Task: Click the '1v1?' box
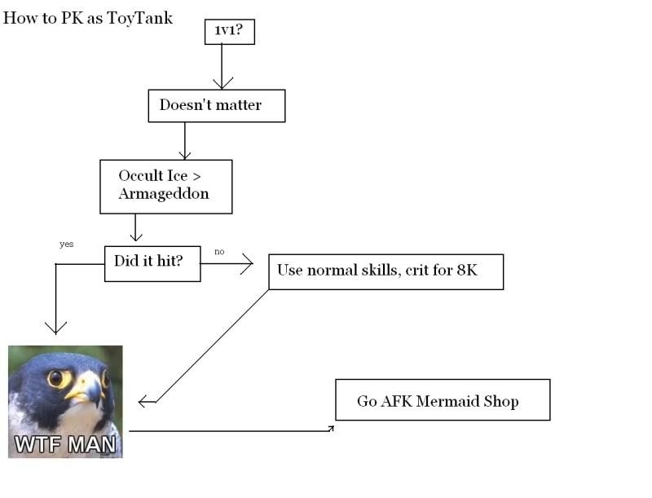click(230, 32)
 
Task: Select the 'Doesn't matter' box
click(217, 106)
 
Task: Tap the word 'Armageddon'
click(164, 194)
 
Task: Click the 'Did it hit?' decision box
click(152, 263)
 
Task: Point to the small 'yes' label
click(67, 244)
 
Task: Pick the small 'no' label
click(219, 252)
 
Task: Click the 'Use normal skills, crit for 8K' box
click(385, 272)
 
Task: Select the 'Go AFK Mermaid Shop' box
click(443, 399)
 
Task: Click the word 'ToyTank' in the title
click(139, 18)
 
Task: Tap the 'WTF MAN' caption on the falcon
click(65, 444)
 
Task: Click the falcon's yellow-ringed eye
click(55, 378)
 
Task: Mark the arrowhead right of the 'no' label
click(248, 264)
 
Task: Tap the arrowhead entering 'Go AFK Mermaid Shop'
click(331, 428)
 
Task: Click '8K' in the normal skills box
click(467, 271)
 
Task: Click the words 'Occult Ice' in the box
click(153, 175)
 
